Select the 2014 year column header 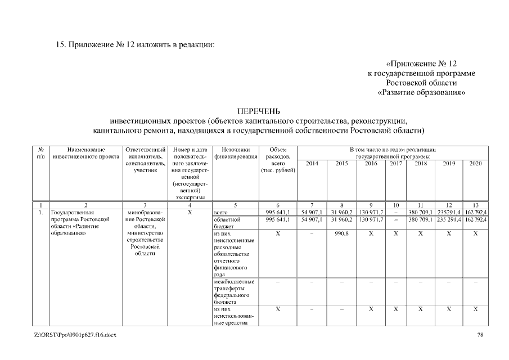(311, 163)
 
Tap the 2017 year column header (396, 163)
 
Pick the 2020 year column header (475, 163)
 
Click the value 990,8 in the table (341, 233)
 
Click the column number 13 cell (475, 205)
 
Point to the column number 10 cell (396, 205)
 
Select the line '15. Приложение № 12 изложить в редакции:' (136, 44)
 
